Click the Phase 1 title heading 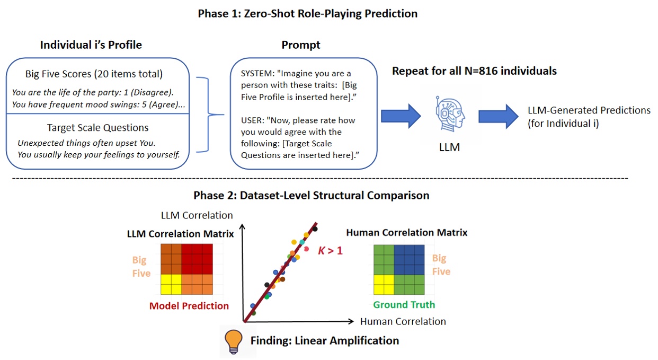pos(307,14)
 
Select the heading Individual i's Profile pos(91,45)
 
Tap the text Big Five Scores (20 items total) pos(94,74)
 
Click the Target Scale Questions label pos(97,127)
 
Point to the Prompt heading pos(300,45)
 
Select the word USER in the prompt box pos(252,120)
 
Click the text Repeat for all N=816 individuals pos(474,71)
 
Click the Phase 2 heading pos(311,196)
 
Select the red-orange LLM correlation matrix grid pos(187,269)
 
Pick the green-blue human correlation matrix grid pos(399,269)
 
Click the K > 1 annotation pos(330,250)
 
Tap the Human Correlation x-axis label pos(403,321)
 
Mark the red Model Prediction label pos(189,305)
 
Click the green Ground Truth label pos(404,304)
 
